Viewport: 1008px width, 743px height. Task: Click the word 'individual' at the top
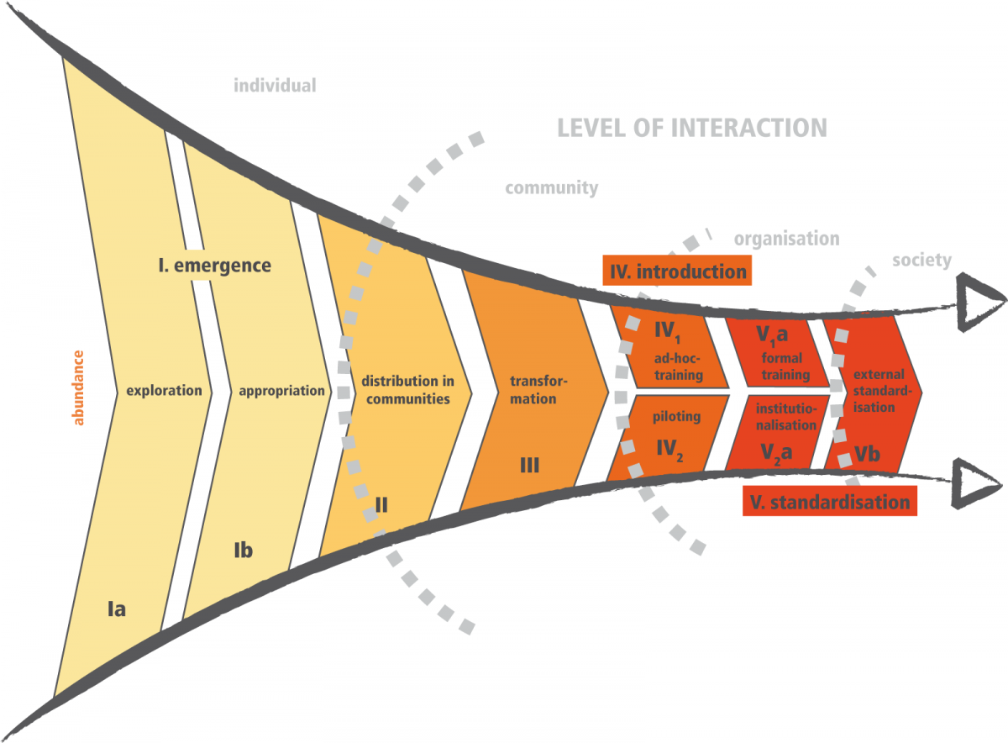point(275,85)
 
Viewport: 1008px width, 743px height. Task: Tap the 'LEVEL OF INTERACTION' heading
point(693,128)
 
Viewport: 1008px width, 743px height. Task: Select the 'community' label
point(552,187)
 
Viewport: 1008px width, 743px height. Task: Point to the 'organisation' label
point(786,239)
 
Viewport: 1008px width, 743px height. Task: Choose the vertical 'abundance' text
point(80,387)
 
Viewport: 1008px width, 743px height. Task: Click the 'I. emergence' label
point(215,266)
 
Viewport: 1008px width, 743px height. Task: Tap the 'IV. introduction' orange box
point(675,271)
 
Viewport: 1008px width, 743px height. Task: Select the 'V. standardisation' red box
point(827,503)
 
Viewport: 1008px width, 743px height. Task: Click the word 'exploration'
point(164,391)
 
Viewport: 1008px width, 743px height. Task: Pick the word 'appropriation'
point(281,391)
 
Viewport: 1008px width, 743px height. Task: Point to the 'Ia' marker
point(116,609)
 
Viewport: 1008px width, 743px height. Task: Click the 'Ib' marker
point(242,551)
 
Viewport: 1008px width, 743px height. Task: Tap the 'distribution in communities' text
point(406,390)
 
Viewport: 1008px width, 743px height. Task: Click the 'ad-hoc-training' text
point(678,368)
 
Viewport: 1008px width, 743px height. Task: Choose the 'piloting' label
point(676,416)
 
